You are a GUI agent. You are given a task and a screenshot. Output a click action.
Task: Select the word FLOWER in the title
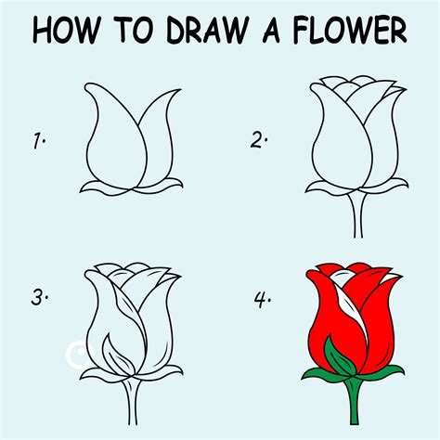point(350,31)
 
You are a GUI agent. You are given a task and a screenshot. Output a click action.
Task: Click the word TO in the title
point(138,31)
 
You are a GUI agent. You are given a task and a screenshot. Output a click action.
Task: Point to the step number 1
point(40,142)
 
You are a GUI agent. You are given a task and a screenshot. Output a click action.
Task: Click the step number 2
point(258,142)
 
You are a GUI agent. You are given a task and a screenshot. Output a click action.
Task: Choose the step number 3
point(39,297)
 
